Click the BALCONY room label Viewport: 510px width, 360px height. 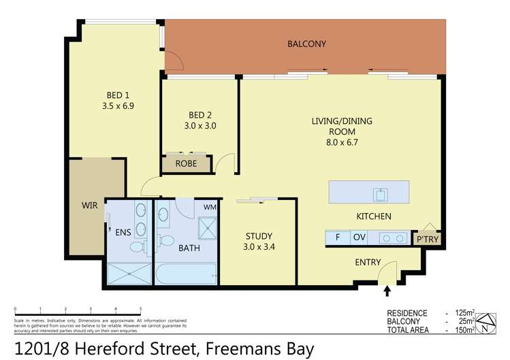(x=306, y=44)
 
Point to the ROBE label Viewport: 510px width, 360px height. (x=186, y=164)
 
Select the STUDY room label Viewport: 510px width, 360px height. (x=259, y=236)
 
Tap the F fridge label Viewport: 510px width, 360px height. (x=337, y=238)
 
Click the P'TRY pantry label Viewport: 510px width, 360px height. (x=428, y=239)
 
